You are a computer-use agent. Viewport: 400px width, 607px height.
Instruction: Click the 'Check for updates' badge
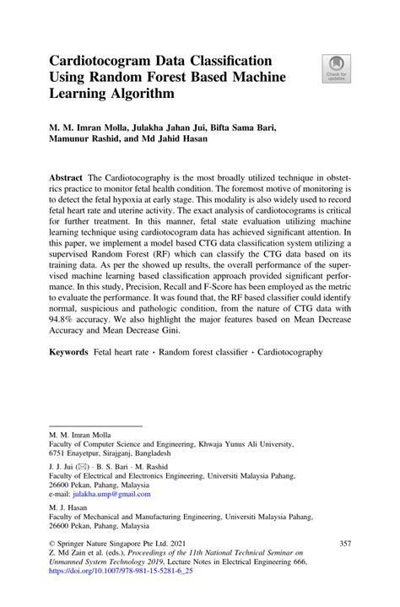pyautogui.click(x=336, y=68)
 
